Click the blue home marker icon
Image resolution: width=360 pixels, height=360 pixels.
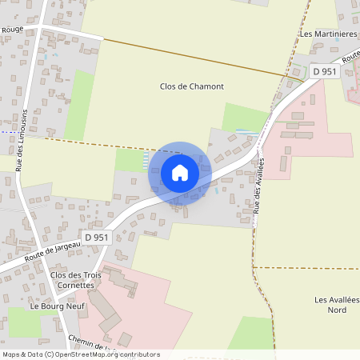tap(180, 172)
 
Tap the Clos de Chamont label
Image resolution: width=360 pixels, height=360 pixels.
tap(191, 86)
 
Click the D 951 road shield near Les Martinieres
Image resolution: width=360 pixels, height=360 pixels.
tap(324, 71)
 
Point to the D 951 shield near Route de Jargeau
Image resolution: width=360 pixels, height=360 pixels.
tap(96, 237)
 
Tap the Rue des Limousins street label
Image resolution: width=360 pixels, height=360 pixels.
tap(25, 135)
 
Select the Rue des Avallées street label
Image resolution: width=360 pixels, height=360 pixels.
tap(259, 185)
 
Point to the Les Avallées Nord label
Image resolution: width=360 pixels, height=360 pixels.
tap(336, 305)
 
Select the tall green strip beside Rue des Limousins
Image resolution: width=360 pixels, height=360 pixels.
tap(79, 105)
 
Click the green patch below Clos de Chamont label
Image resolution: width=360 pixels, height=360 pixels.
tap(245, 117)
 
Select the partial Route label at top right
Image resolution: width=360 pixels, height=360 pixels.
tap(350, 55)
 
